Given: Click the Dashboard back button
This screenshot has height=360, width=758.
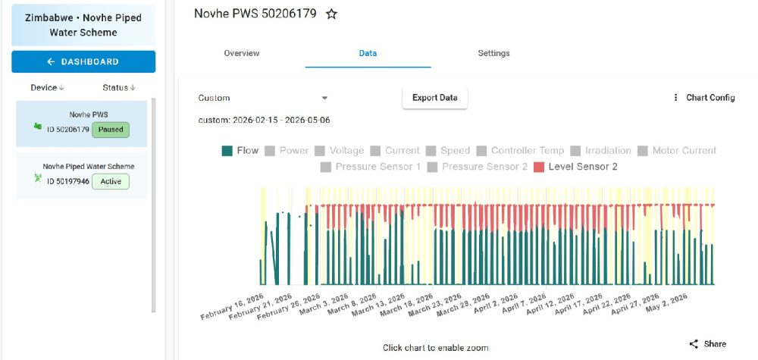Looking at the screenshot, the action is (83, 62).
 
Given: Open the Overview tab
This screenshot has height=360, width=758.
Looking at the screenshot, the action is (242, 53).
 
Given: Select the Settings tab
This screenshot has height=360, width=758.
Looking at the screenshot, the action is (493, 53).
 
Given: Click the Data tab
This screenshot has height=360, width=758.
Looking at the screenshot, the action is (368, 53).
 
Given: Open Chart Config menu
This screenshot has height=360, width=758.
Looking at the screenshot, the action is (705, 98).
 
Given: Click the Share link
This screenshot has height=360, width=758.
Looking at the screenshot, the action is (708, 344).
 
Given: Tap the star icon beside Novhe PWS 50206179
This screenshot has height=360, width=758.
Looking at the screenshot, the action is (331, 14).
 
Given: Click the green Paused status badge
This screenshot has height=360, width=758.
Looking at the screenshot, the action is (111, 130).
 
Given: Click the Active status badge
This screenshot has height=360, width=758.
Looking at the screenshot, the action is (111, 182).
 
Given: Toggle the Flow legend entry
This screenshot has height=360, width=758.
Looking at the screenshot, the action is (240, 151).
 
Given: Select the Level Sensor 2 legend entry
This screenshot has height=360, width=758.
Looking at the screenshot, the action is (575, 167).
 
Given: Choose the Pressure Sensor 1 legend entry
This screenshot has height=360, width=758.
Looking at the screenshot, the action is (371, 167).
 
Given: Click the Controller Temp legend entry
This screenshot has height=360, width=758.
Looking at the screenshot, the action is (520, 151).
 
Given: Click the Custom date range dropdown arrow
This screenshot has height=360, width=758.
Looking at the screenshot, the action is (325, 98).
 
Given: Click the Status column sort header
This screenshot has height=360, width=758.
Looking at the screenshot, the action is (119, 88).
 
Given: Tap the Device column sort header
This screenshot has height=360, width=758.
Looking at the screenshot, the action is (47, 88).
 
